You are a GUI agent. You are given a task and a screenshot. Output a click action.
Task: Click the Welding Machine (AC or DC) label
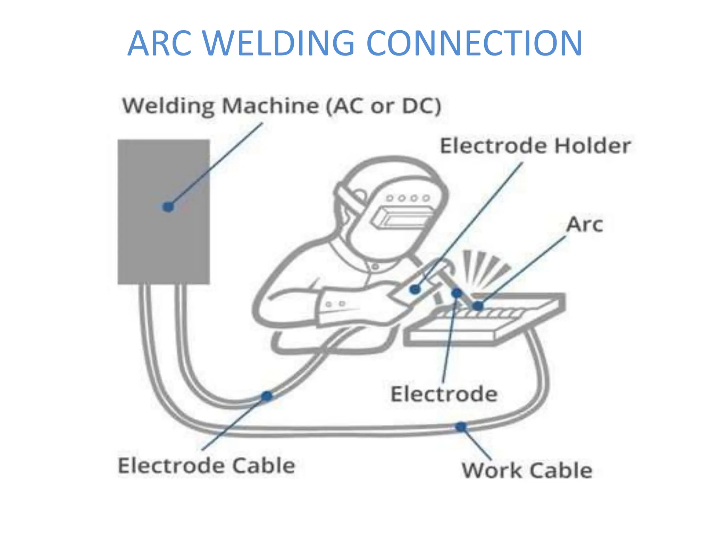click(x=281, y=106)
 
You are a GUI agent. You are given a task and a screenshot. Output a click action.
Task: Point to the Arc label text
click(x=584, y=225)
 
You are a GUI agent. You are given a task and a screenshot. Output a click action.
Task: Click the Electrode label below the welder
click(x=444, y=394)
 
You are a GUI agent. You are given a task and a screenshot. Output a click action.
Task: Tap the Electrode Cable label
click(x=207, y=466)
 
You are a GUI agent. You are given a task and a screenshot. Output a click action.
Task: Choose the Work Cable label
click(x=527, y=471)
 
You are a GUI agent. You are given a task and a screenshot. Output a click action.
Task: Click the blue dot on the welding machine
click(x=168, y=207)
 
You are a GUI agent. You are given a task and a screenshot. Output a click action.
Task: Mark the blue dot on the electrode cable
click(x=267, y=396)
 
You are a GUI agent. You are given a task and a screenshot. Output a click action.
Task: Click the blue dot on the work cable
click(x=461, y=426)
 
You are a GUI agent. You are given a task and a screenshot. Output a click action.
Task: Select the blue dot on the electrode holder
click(x=415, y=289)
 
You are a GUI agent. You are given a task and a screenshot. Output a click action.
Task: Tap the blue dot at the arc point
click(x=478, y=306)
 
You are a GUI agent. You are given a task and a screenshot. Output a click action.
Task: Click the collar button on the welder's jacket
click(x=375, y=267)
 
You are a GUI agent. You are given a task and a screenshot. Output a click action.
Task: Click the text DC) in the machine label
click(x=421, y=106)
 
